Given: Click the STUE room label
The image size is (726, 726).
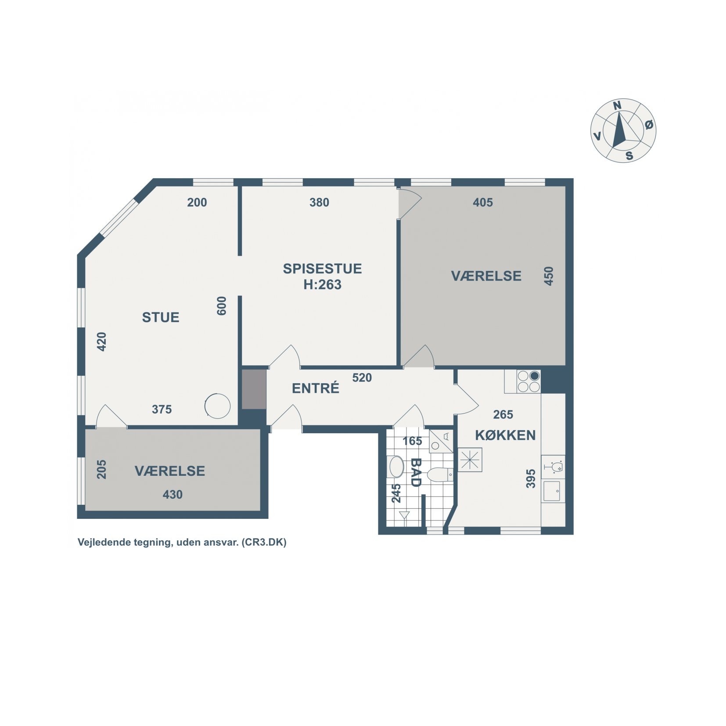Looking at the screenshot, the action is tap(161, 317).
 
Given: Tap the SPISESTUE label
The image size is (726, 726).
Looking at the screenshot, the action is tap(322, 269).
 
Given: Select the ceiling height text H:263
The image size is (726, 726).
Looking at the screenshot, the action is tap(322, 285).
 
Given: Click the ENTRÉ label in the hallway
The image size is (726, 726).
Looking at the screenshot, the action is tap(316, 388).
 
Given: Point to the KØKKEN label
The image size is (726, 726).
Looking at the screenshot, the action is tap(505, 435).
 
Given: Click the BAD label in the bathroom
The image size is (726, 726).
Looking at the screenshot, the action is tap(415, 472).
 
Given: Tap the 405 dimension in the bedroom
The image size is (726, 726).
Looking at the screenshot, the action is tap(483, 202).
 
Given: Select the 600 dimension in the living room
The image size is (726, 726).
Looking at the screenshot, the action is tap(222, 306).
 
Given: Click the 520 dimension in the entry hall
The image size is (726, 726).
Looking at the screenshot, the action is tap(362, 377).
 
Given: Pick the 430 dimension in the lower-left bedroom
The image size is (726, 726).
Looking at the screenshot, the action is tap(173, 495).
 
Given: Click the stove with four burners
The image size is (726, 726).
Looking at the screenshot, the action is tap(528, 381).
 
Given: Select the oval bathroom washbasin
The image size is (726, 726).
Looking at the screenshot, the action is tap(396, 467).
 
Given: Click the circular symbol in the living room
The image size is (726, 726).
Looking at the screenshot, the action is tap(217, 406).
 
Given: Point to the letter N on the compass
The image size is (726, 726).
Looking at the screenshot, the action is tap(617, 106).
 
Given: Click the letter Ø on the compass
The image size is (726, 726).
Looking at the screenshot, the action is tap(649, 125).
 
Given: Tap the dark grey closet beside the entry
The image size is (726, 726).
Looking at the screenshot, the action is tap(254, 389).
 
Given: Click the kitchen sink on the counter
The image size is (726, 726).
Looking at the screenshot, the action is tap(552, 491).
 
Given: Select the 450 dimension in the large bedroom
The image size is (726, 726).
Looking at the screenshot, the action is tap(549, 276).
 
